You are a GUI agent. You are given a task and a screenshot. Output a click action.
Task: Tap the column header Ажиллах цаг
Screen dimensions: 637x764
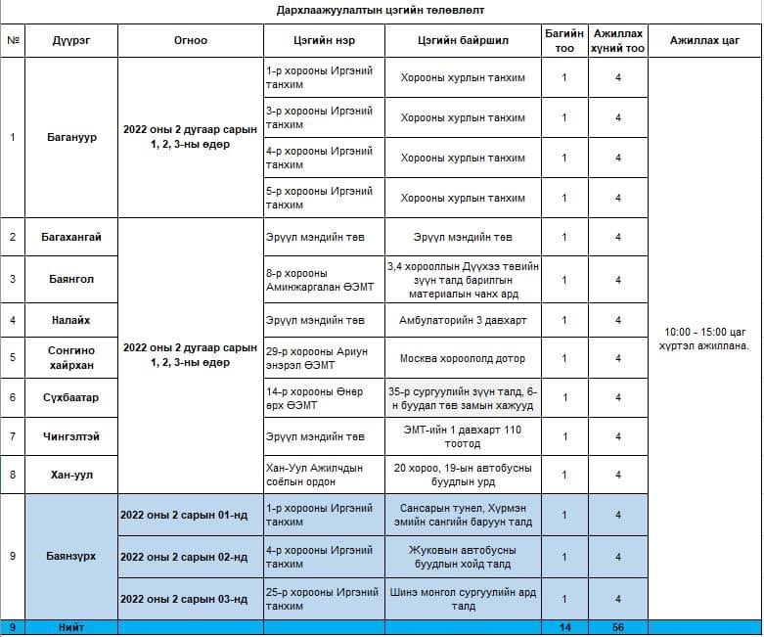tap(703, 41)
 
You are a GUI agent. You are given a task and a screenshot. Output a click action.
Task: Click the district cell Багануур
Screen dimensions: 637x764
tap(72, 137)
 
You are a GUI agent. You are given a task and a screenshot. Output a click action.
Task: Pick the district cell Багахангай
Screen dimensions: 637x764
tap(72, 237)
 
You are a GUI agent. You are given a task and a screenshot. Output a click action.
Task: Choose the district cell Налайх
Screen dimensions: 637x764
tap(72, 320)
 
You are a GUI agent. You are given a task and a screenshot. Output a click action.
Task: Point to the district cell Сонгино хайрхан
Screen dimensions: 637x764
tap(72, 357)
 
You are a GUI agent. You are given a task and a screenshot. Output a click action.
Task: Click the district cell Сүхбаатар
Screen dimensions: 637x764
tap(72, 397)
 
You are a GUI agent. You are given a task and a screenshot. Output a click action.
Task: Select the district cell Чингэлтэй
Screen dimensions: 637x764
tap(72, 436)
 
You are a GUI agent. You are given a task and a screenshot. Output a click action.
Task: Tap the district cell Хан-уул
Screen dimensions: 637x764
tap(72, 475)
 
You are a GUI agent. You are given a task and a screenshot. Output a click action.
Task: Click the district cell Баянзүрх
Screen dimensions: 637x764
tap(72, 556)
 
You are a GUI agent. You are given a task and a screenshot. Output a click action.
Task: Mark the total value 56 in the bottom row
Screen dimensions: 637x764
tap(618, 627)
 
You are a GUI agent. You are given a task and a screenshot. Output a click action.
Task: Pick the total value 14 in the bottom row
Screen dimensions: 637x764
tap(564, 627)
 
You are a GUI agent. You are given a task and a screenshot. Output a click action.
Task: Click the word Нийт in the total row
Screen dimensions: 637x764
tap(71, 627)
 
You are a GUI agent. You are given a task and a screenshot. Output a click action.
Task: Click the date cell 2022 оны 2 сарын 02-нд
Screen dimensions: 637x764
tap(183, 558)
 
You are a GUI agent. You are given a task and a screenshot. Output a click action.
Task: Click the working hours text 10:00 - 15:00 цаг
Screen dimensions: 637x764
tap(703, 333)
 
